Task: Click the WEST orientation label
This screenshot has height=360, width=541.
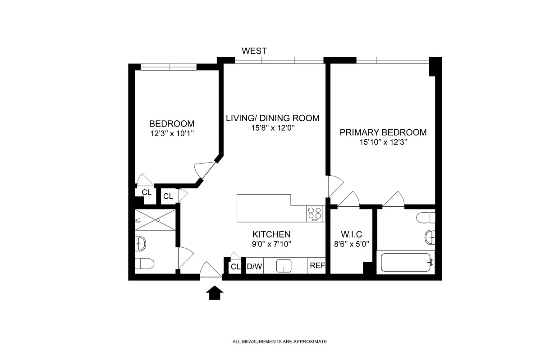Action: (x=254, y=51)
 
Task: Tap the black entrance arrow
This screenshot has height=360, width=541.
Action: (x=215, y=292)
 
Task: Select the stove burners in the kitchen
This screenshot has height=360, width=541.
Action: (x=315, y=214)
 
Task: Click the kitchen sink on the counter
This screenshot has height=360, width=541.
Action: (x=284, y=266)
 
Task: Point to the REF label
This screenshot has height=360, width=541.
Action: (x=317, y=265)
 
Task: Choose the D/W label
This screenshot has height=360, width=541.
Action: (x=254, y=266)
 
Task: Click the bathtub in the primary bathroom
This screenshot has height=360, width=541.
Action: (x=406, y=262)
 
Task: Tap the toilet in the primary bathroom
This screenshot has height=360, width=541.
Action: (x=426, y=218)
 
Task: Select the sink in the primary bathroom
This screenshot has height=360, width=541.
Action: (x=430, y=237)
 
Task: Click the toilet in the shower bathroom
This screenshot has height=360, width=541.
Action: (x=144, y=264)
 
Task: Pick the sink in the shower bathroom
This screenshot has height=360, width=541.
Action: (x=140, y=244)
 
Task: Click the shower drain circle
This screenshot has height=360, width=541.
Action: (x=158, y=220)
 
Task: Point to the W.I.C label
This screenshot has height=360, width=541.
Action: (x=351, y=234)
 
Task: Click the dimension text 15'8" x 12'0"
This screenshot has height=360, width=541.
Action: (x=273, y=128)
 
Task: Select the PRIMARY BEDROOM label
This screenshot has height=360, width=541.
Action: (x=383, y=132)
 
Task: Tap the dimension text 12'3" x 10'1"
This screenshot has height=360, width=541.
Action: (x=172, y=133)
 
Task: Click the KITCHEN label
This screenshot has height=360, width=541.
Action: (x=271, y=234)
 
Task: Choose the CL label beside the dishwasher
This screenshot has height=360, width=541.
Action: (x=235, y=267)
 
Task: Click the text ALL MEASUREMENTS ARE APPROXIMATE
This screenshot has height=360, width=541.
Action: (x=280, y=342)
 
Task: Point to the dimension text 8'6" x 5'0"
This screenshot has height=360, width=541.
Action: (x=352, y=244)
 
